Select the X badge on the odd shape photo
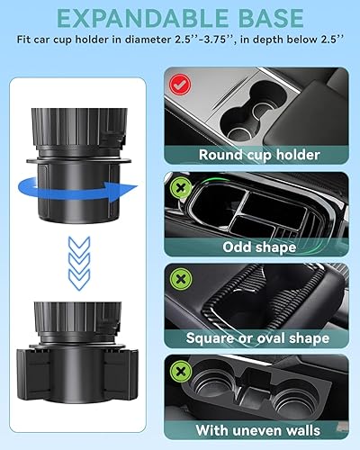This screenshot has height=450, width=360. (179, 186)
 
